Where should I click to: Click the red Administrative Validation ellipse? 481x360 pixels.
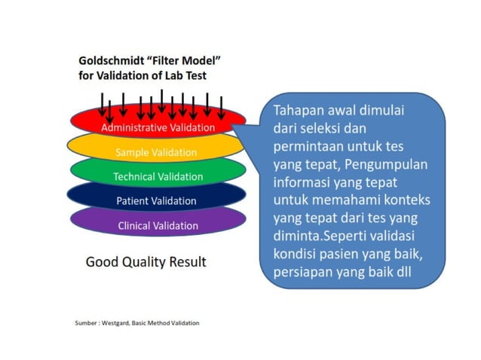click(158, 127)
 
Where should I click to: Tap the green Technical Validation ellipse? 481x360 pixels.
click(158, 177)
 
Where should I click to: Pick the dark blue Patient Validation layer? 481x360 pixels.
click(156, 201)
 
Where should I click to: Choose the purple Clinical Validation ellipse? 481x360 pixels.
click(158, 226)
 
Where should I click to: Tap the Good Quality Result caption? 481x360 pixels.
click(146, 262)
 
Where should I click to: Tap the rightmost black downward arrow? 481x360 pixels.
click(222, 105)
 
